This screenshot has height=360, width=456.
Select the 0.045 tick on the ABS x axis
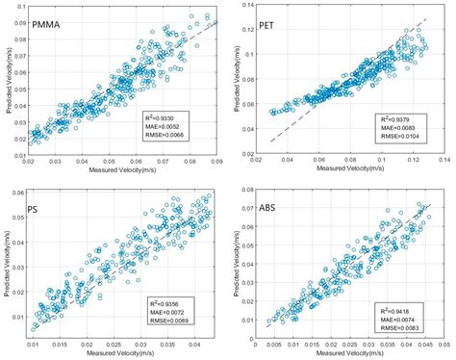425,344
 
